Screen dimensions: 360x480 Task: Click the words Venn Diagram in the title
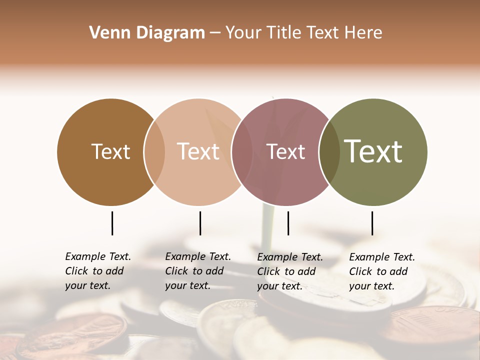tap(147, 33)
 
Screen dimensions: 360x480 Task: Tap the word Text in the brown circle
tap(110, 151)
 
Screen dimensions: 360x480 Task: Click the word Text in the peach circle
tap(198, 151)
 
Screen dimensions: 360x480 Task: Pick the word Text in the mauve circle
tap(285, 151)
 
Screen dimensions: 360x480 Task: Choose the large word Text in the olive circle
tap(373, 151)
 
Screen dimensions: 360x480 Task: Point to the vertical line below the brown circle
tap(112, 223)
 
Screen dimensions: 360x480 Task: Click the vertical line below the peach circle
tap(200, 223)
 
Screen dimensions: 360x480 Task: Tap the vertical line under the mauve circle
tap(288, 223)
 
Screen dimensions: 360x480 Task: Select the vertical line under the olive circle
tap(372, 223)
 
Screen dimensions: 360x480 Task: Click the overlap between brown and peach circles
tap(154, 152)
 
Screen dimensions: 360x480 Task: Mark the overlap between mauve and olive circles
tap(329, 152)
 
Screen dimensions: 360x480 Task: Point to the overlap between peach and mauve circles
tap(241, 152)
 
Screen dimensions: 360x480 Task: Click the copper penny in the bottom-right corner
tap(435, 325)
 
